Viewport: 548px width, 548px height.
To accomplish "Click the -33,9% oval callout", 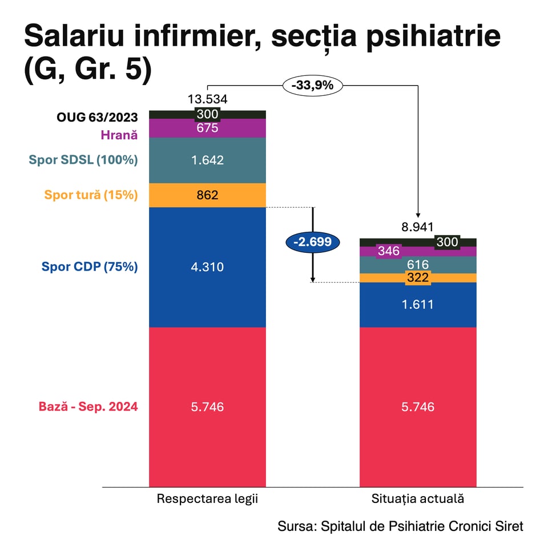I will pyautogui.click(x=312, y=86).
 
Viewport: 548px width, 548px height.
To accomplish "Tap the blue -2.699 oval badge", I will pyautogui.click(x=312, y=241).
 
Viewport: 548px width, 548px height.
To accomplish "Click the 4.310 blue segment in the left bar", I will pyautogui.click(x=207, y=267).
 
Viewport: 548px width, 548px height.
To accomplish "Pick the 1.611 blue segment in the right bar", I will pyautogui.click(x=417, y=304).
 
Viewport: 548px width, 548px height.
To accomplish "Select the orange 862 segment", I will pyautogui.click(x=207, y=195).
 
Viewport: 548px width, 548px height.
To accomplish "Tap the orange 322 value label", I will pyautogui.click(x=417, y=278).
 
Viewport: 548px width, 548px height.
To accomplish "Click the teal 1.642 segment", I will pyautogui.click(x=207, y=160).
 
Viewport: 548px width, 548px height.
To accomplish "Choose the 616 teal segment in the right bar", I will pyautogui.click(x=417, y=264).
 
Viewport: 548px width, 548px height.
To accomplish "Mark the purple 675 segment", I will pyautogui.click(x=207, y=128).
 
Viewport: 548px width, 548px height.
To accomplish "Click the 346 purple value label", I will pyautogui.click(x=388, y=251).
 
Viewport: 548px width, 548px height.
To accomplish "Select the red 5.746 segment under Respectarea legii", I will pyautogui.click(x=207, y=407).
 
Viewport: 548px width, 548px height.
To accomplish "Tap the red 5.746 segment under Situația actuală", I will pyautogui.click(x=417, y=407).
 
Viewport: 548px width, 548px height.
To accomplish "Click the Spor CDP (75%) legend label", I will pyautogui.click(x=90, y=267).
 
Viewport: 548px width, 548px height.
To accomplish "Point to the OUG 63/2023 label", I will pyautogui.click(x=97, y=118).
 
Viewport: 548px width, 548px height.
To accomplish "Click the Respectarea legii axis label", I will pyautogui.click(x=207, y=498).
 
